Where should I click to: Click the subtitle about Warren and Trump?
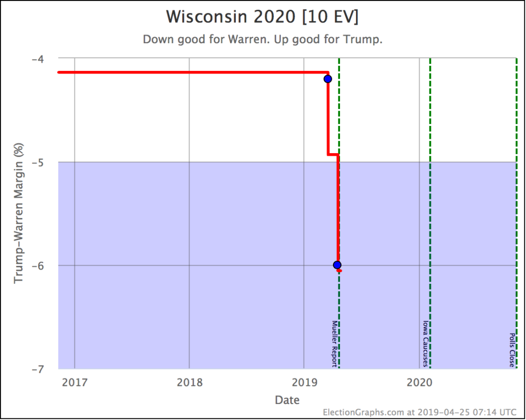262,40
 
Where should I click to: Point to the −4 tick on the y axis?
37,59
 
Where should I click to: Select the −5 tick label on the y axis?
37,162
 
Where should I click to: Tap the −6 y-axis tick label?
37,266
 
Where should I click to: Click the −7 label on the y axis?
37,369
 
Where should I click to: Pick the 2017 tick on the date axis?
74,382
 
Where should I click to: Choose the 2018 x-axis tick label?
189,382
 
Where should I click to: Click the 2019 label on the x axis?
304,382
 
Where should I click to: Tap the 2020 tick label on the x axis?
419,382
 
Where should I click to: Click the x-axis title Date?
287,399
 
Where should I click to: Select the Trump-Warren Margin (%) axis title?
19,213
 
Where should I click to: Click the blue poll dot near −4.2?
328,79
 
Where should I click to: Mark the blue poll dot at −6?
337,265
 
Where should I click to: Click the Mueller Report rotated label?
334,344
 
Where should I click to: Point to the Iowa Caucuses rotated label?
425,344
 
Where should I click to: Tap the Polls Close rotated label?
512,350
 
